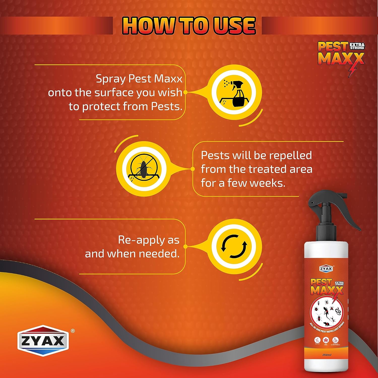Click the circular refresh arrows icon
(x=234, y=246)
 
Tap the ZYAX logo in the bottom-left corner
(x=43, y=341)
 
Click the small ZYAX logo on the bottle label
(x=326, y=269)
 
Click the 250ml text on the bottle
(x=327, y=355)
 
